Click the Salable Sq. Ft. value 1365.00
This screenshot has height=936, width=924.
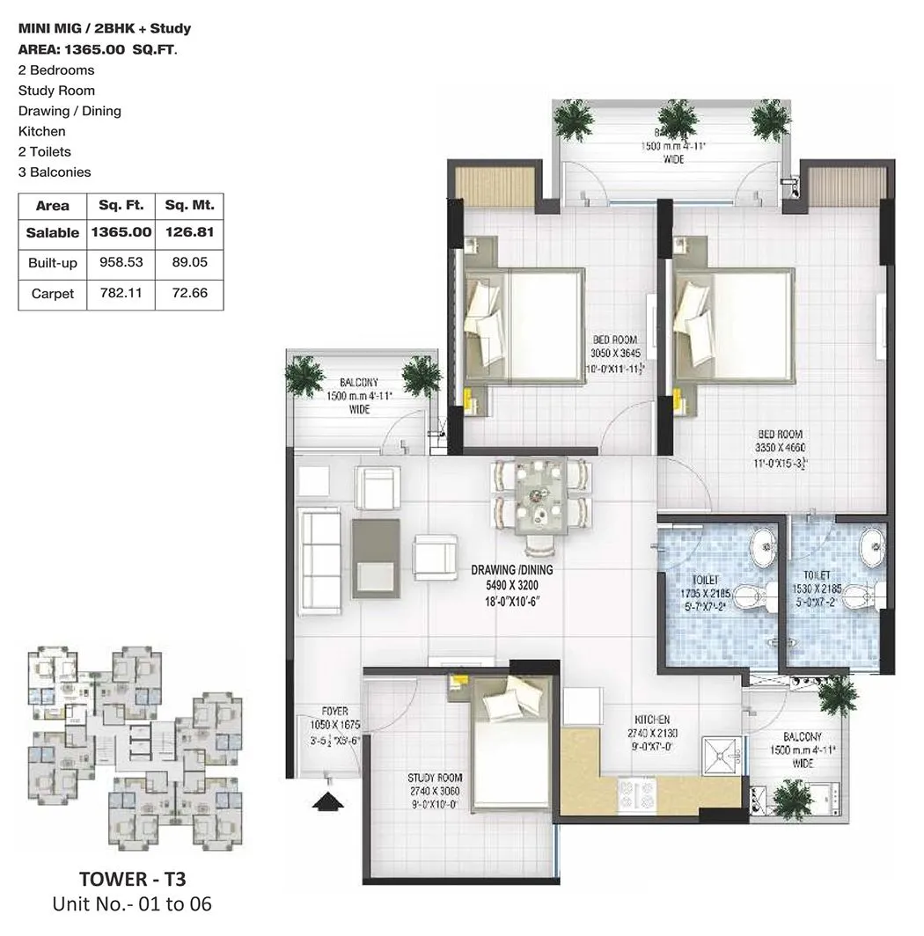click(121, 233)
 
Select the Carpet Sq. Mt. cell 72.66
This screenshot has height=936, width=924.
click(189, 293)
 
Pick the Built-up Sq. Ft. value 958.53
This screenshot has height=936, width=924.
click(121, 263)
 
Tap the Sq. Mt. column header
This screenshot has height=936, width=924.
click(189, 206)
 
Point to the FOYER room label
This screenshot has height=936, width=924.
click(334, 711)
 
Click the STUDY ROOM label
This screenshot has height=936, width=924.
click(435, 779)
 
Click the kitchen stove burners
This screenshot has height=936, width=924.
click(636, 795)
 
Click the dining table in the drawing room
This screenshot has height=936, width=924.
click(538, 496)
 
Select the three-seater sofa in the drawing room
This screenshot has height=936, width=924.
click(319, 561)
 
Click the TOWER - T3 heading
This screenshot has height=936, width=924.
click(132, 879)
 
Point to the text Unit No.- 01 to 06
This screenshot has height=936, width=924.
click(132, 903)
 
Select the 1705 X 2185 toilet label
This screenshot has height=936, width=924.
click(705, 594)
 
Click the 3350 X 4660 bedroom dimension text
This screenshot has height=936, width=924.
click(778, 447)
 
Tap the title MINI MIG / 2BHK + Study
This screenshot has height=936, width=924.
click(105, 28)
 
